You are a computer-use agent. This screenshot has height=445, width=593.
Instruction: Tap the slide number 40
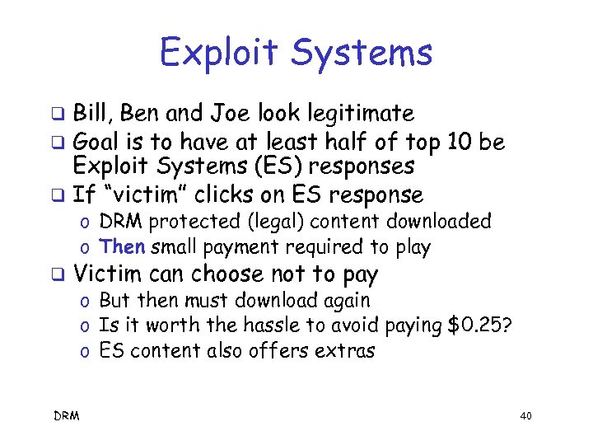pos(526,417)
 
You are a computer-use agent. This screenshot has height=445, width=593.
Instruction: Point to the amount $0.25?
pos(479,326)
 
